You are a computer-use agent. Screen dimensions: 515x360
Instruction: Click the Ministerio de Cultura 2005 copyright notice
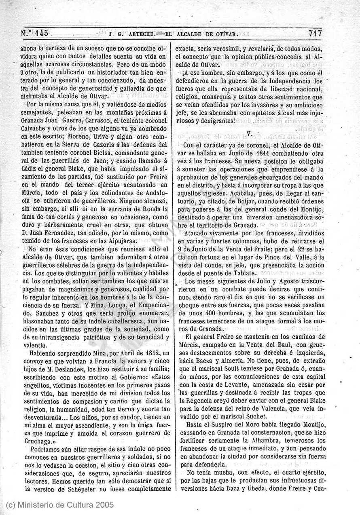[60, 505]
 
